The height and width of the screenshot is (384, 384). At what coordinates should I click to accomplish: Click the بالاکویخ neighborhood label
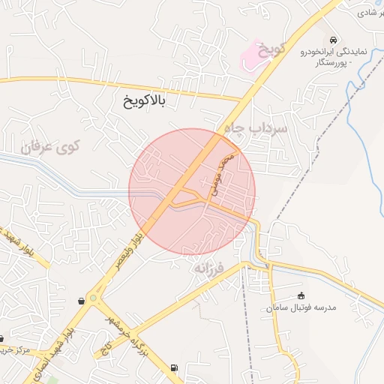point(145,100)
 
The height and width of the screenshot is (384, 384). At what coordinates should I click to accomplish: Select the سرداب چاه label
point(260,130)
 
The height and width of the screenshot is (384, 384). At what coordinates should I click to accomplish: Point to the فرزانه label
point(209,267)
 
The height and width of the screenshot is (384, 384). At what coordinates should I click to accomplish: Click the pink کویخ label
point(274,49)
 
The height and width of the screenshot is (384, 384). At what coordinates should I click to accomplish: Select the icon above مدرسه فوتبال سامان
point(301,295)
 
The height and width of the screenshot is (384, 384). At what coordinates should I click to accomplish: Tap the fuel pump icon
point(175,367)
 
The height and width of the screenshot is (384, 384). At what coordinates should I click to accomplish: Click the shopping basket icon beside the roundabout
point(81,301)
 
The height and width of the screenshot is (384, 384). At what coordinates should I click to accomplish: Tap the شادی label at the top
point(368,13)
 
